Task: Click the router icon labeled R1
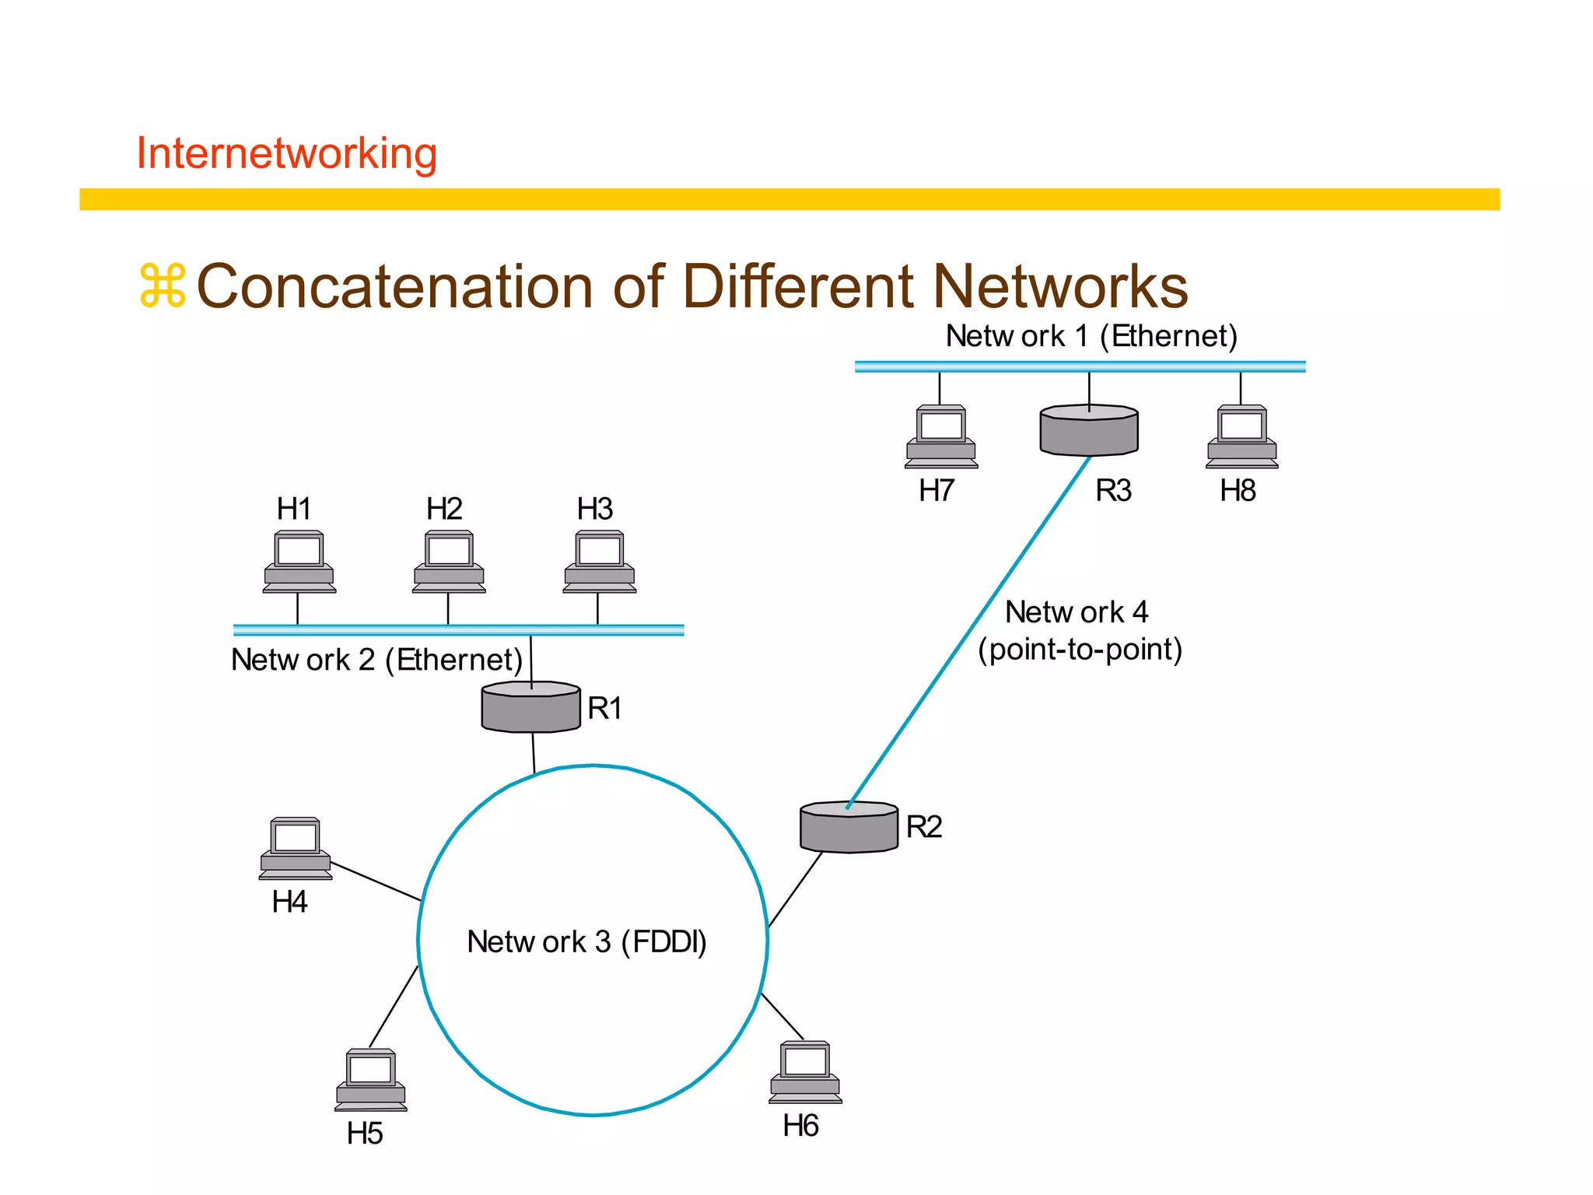pos(530,707)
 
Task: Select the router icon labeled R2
pos(849,828)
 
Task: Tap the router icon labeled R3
pos(1089,430)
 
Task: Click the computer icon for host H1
pos(299,562)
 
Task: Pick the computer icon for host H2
pos(449,562)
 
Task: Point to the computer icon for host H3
pos(599,562)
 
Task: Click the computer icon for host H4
pos(296,848)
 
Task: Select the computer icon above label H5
pos(371,1080)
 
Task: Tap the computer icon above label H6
pos(805,1072)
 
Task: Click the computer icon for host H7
pos(941,436)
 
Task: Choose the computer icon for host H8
pos(1241,436)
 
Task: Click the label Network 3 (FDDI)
pos(586,941)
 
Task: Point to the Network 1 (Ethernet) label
pos(1091,336)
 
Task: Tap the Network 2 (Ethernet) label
pos(376,660)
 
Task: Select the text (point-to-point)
pos(1080,649)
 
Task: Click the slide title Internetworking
pos(286,153)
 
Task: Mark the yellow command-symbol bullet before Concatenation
pos(163,286)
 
